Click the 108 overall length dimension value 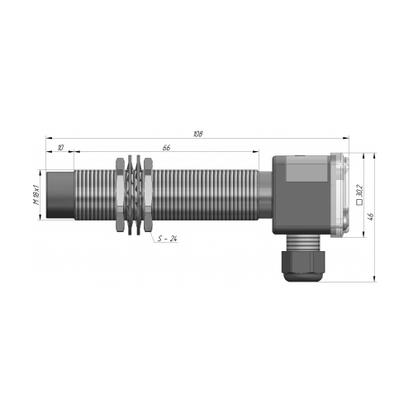pyautogui.click(x=198, y=134)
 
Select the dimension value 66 pyautogui.click(x=166, y=148)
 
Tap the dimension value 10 pyautogui.click(x=60, y=148)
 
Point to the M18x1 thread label pyautogui.click(x=36, y=195)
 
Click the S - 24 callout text pyautogui.click(x=168, y=239)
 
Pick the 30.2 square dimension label pyautogui.click(x=359, y=190)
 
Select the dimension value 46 pyautogui.click(x=371, y=216)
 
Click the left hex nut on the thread pyautogui.click(x=120, y=195)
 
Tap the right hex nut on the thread pyautogui.click(x=148, y=195)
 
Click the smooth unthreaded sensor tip pyautogui.click(x=60, y=195)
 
